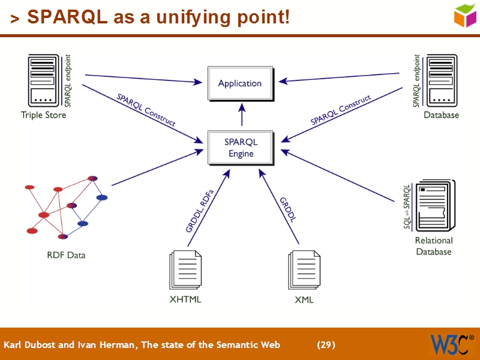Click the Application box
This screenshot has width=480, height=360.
[240, 83]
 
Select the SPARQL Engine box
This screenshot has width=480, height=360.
[241, 148]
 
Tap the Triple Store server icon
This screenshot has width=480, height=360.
[44, 81]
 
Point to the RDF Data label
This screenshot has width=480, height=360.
[66, 255]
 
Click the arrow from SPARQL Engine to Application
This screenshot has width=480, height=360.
[242, 114]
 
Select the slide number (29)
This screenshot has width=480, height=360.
[326, 344]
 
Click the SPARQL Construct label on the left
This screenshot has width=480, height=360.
[146, 109]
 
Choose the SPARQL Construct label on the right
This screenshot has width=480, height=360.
[340, 109]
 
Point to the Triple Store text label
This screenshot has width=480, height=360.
[44, 115]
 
